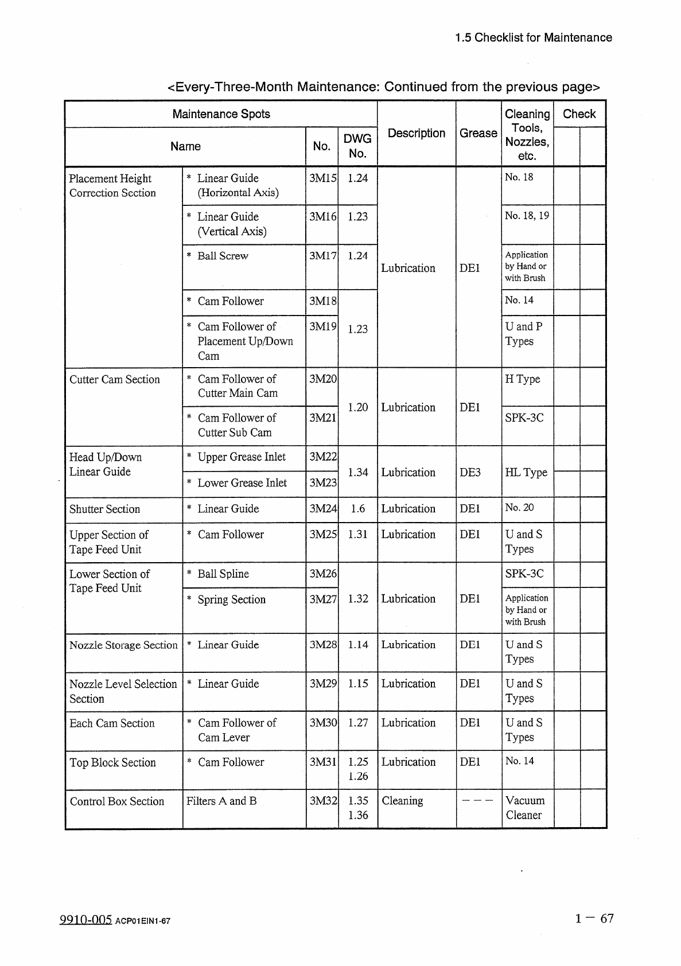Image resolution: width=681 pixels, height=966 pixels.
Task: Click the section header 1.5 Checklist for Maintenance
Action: pos(533,38)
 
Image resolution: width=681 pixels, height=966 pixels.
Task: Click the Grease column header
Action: pos(478,133)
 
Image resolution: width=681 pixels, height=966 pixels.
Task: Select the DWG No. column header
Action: pos(357,146)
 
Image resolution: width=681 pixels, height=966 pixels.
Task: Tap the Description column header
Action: pos(417,133)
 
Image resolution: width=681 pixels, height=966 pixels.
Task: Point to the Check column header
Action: pos(579,114)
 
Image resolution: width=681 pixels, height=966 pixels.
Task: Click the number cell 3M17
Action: pos(322,256)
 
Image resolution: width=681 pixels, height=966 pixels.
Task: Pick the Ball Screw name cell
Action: pos(223,256)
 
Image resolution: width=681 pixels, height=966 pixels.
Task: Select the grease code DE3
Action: pos(470,472)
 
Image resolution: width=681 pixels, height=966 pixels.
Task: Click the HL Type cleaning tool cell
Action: pos(526,472)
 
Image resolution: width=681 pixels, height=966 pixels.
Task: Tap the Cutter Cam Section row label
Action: pos(115,379)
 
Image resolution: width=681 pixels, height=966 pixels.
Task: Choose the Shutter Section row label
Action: pos(104,509)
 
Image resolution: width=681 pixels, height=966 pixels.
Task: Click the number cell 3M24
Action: pos(322,509)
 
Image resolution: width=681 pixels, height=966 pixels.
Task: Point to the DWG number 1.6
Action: pos(357,509)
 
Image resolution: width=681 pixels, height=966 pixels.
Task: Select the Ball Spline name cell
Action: pos(223,574)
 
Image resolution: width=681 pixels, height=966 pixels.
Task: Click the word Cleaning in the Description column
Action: pos(402,801)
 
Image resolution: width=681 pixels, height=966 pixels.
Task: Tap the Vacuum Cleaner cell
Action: pos(525,808)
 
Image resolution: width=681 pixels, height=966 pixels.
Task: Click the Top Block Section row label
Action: pos(112,762)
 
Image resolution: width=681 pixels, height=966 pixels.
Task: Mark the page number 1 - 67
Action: pos(594,918)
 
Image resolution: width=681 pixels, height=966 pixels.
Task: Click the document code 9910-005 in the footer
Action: pos(85,920)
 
